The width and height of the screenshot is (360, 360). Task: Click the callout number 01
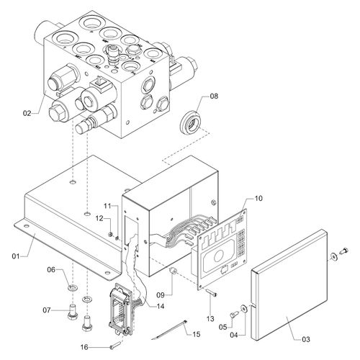[x=16, y=256]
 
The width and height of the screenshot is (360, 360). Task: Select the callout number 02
[x=27, y=113]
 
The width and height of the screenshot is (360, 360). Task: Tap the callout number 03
[x=306, y=339]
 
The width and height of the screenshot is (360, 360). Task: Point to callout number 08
[x=214, y=96]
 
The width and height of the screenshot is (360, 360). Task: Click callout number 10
[x=258, y=198]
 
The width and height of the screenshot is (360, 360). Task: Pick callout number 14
[x=161, y=306]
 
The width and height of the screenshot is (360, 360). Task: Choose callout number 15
[x=196, y=334]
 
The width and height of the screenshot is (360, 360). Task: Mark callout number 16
[x=84, y=347]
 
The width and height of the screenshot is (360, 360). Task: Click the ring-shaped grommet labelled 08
[x=192, y=125]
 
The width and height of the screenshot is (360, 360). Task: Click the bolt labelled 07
[x=72, y=312]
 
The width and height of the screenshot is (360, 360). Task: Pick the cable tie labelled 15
[x=169, y=330]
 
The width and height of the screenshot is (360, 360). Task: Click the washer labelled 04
[x=244, y=308]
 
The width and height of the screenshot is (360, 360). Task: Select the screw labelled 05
[x=234, y=314]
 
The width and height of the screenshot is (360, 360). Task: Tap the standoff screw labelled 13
[x=211, y=292]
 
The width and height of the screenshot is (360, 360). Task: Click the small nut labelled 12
[x=111, y=234]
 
